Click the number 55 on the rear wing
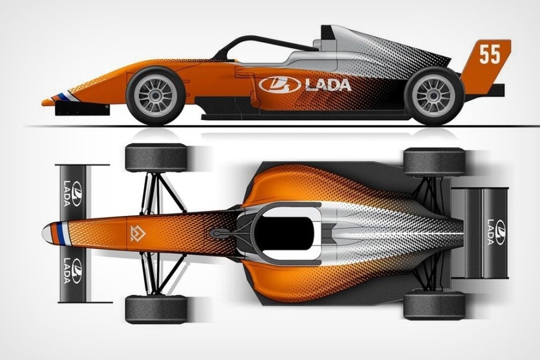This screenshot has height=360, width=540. [x=490, y=54]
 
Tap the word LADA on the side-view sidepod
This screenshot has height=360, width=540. [x=328, y=85]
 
